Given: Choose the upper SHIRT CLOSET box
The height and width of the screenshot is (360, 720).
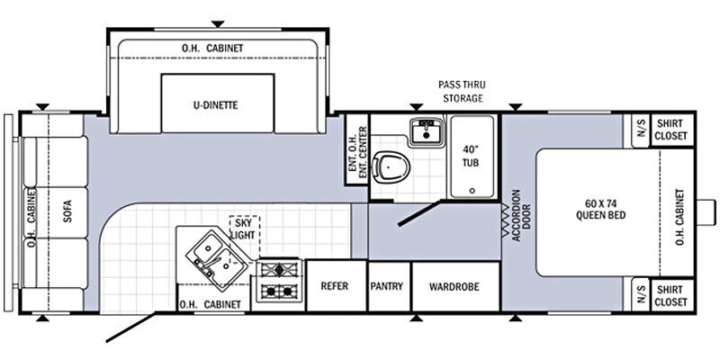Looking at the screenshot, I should click(x=670, y=130).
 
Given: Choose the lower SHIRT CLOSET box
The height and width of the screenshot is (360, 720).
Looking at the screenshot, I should click(x=670, y=295).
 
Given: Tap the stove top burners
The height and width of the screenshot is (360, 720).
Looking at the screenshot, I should click(x=280, y=280).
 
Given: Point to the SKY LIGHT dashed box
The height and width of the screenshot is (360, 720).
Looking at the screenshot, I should click(x=243, y=229).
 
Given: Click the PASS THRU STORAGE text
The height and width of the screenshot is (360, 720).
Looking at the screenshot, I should click(x=462, y=91).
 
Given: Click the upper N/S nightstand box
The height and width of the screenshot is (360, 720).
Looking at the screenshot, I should click(x=641, y=130).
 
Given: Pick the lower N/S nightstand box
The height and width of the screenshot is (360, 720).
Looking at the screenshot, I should click(x=641, y=295).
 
